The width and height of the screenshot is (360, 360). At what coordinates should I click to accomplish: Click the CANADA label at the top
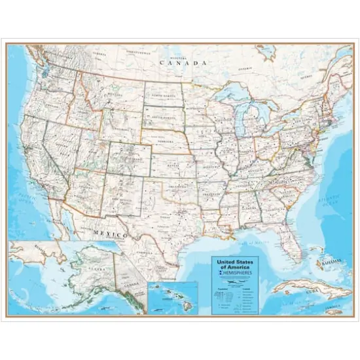point(184,63)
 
